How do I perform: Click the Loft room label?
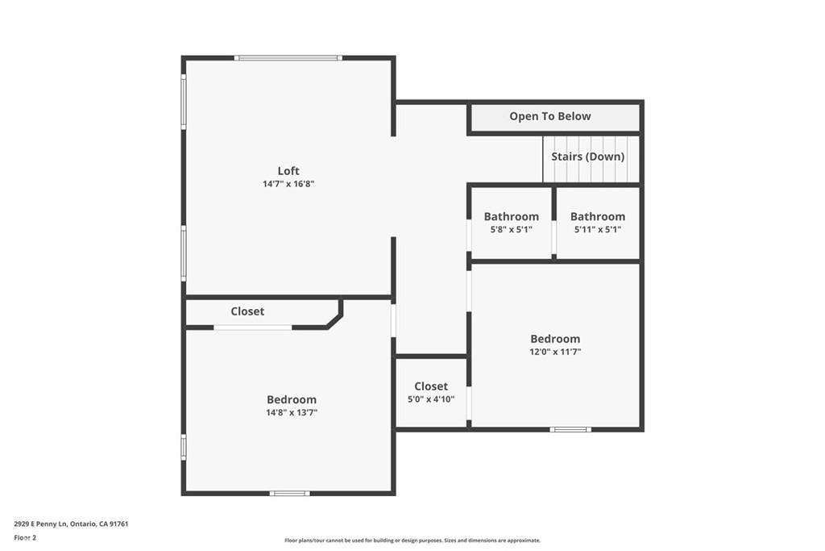(288, 170)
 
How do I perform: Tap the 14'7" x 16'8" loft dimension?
(288, 184)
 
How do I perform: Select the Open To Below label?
(549, 116)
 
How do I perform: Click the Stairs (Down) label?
(587, 157)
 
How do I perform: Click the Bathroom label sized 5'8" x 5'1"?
(511, 216)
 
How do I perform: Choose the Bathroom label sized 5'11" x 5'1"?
(597, 216)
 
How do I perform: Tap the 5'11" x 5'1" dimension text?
(597, 229)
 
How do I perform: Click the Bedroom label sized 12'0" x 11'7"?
(554, 339)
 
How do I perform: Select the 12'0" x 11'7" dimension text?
(554, 352)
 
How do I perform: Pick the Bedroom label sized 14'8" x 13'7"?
(291, 399)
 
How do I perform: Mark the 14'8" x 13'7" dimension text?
(291, 412)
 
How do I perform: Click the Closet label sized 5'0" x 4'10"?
(431, 386)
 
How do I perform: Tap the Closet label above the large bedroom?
(247, 311)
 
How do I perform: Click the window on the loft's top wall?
(288, 57)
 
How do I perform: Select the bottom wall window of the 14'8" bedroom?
(289, 493)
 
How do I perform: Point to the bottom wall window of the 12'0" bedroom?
(570, 429)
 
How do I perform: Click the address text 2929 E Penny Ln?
(71, 524)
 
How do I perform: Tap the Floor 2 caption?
(25, 537)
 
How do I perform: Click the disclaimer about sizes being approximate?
(412, 541)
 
